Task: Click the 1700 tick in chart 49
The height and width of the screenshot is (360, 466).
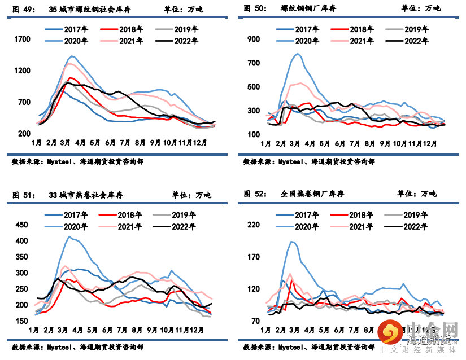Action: [x=21, y=39]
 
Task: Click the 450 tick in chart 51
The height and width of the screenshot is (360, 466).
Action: [x=20, y=225]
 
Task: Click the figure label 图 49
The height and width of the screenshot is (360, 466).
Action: [x=23, y=9]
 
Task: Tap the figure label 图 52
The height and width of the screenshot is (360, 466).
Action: [x=255, y=194]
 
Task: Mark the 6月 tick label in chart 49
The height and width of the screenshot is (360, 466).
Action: [x=110, y=143]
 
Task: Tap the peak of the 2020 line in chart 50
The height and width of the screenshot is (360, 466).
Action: [x=298, y=54]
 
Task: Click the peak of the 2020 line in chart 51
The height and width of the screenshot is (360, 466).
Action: [x=69, y=236]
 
